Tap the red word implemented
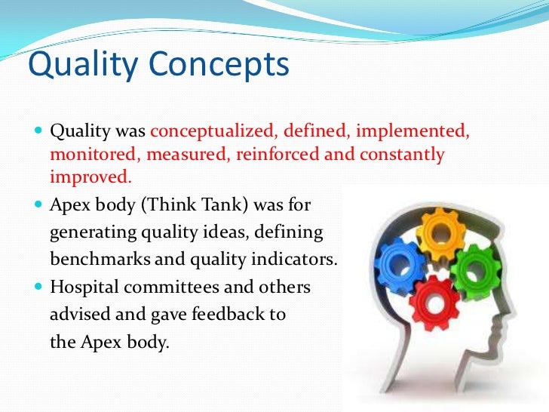(x=413, y=132)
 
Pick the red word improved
(x=90, y=178)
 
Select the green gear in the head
(x=476, y=270)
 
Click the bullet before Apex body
(x=40, y=205)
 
